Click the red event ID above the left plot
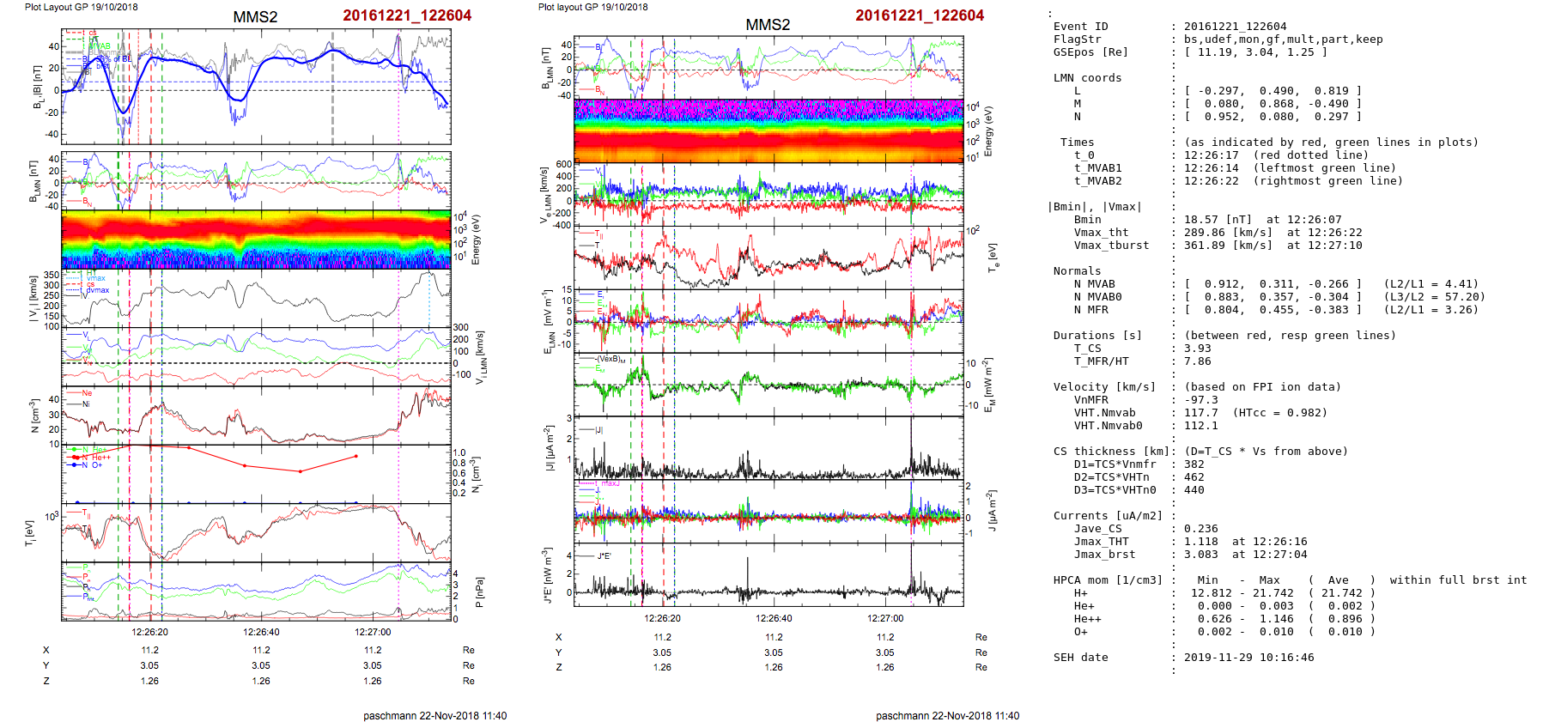tap(407, 15)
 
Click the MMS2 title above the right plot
tap(768, 25)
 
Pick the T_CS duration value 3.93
tap(1197, 349)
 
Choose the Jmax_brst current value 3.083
tap(1200, 555)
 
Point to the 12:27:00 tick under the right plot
tap(885, 618)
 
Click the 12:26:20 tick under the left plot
tap(149, 632)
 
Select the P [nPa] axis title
tap(478, 592)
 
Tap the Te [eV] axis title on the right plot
tap(993, 257)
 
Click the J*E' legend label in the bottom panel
tap(604, 556)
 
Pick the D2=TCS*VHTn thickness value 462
tap(1194, 477)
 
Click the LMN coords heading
tap(1087, 78)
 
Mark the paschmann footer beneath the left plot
tap(434, 715)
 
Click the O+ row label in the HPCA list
tap(1080, 632)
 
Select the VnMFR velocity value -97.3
tap(1200, 400)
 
